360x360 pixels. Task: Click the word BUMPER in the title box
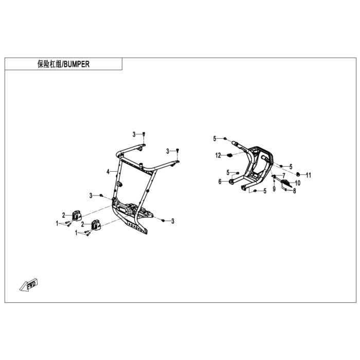[x=77, y=64]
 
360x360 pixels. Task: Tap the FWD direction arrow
[x=28, y=285]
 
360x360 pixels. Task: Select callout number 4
[x=108, y=171]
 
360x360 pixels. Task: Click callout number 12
[x=218, y=155]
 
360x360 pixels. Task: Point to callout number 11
[x=309, y=175]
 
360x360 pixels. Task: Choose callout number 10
[x=298, y=183]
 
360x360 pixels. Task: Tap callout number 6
[x=220, y=182]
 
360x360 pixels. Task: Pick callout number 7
[x=284, y=176]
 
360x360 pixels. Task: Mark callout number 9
[x=274, y=189]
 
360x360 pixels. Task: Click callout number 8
[x=295, y=191]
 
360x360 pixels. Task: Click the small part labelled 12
[x=229, y=156]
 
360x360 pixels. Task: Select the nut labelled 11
[x=298, y=174]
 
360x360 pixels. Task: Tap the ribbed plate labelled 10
[x=286, y=183]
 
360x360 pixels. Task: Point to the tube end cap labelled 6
[x=231, y=182]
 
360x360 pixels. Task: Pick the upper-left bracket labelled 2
[x=77, y=216]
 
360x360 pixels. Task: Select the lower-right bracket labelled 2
[x=96, y=225]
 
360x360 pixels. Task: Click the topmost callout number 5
[x=214, y=138]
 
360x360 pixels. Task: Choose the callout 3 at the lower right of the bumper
[x=173, y=221]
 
